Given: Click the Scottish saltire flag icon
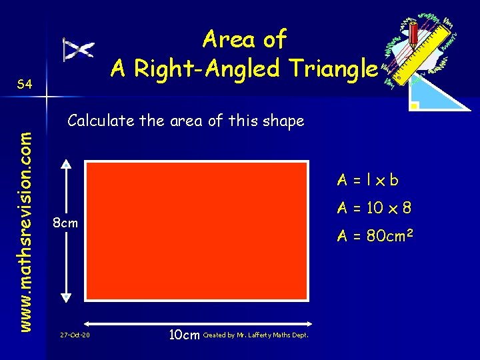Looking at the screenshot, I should (x=79, y=50).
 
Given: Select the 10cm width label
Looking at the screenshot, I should (x=184, y=334).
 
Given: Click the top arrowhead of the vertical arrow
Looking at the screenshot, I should (x=65, y=164).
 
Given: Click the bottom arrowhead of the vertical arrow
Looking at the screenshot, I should (x=65, y=298).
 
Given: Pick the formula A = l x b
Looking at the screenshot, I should (x=368, y=180).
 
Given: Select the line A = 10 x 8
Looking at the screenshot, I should (x=374, y=208).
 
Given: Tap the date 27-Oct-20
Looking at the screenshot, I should (x=74, y=335).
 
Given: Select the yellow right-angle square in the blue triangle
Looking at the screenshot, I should (x=415, y=105).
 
